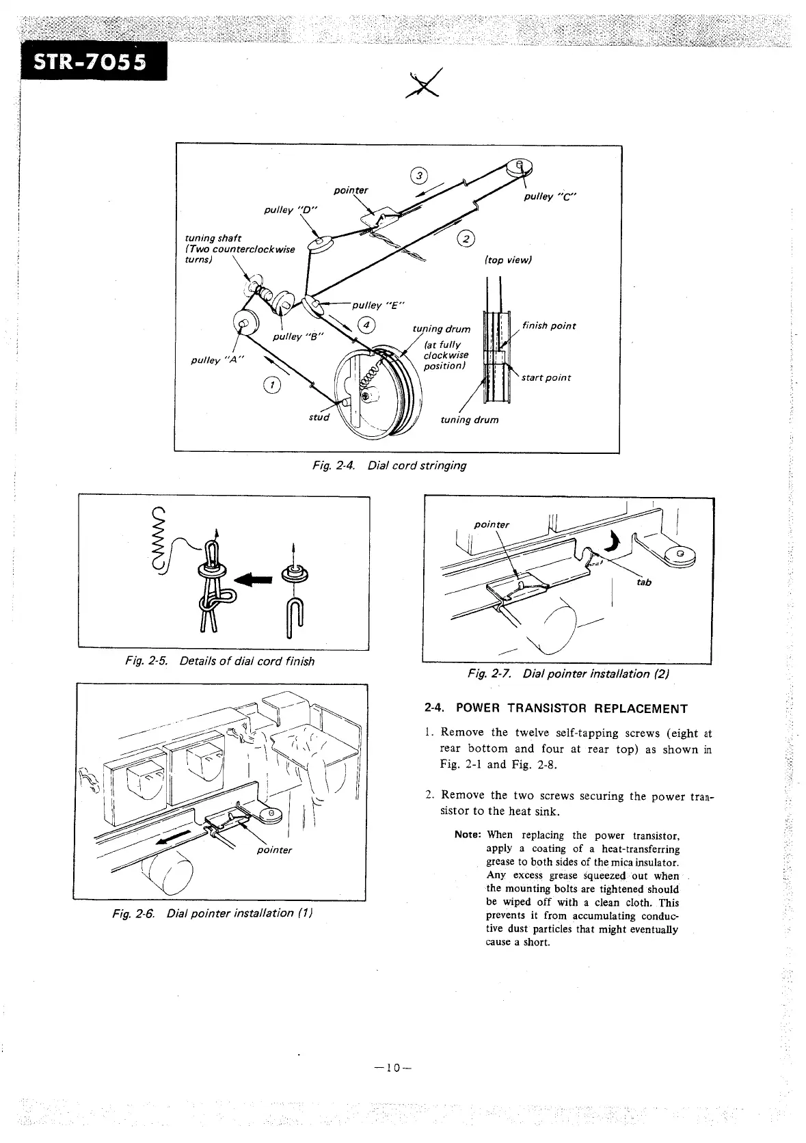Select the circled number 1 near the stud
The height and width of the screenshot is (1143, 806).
tap(271, 386)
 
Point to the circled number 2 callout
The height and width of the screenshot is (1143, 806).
tap(466, 238)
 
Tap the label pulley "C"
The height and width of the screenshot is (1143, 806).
tap(550, 197)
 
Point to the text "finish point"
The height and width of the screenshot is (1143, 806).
tap(548, 325)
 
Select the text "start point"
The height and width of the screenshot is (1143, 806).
tap(546, 377)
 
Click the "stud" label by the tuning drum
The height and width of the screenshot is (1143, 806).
tap(318, 417)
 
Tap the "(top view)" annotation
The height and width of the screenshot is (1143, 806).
tap(507, 260)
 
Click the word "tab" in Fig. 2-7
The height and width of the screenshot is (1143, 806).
tap(644, 582)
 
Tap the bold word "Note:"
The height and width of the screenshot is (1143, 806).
tap(468, 835)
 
